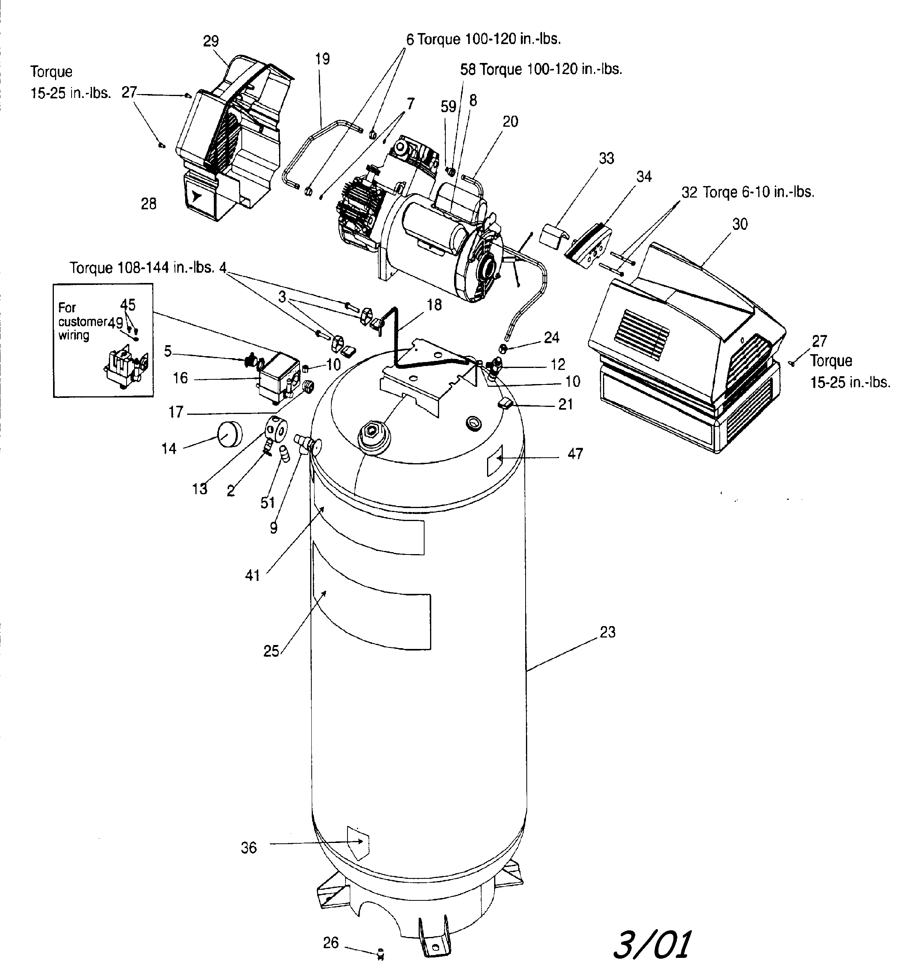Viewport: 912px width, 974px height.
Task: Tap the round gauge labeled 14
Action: click(229, 434)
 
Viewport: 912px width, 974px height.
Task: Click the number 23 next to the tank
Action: click(607, 632)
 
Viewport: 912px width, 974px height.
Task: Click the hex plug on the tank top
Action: click(373, 432)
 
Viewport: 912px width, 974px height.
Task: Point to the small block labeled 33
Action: click(553, 234)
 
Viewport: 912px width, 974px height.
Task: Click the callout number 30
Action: click(740, 224)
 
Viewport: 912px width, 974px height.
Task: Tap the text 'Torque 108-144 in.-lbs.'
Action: click(142, 268)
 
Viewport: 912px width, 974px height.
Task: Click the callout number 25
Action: click(271, 651)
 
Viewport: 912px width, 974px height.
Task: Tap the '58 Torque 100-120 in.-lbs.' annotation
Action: click(541, 70)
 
